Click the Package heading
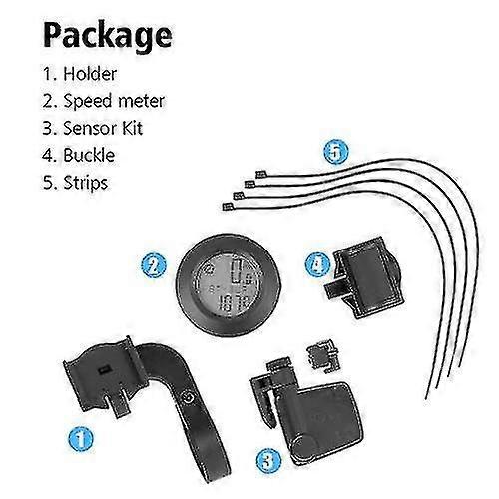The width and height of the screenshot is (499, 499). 108,36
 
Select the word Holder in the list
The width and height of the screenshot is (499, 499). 90,74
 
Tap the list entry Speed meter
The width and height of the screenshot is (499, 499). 114,101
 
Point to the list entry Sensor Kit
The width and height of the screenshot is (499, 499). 103,128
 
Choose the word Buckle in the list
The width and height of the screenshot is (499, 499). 89,155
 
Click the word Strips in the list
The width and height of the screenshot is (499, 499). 86,183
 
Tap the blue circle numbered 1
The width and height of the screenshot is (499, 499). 81,439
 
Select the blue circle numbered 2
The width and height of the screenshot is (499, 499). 154,265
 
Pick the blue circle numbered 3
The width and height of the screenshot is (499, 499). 268,461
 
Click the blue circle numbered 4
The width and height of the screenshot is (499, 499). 318,264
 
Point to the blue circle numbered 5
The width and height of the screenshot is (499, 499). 336,152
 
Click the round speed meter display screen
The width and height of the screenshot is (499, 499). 228,284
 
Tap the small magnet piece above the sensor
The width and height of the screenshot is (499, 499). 324,356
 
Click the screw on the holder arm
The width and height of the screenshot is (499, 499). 187,397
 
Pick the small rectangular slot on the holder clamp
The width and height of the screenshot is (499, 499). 104,369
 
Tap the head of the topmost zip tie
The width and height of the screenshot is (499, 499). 260,174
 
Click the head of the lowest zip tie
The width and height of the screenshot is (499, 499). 228,207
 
